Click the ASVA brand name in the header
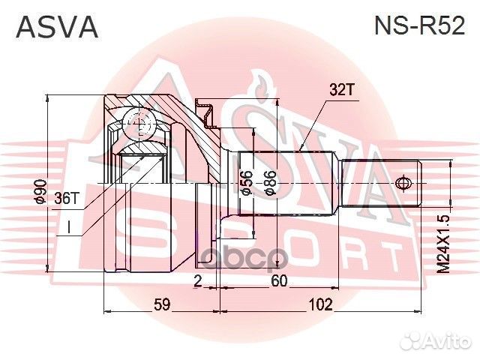coord(57,28)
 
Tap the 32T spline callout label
coord(341,90)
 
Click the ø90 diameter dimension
coord(42,193)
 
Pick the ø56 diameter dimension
coord(245,183)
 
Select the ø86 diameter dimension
coord(271,182)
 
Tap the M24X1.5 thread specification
coord(445,241)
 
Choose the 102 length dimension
coord(320,305)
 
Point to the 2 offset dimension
coord(197,281)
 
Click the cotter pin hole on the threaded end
coord(403,183)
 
